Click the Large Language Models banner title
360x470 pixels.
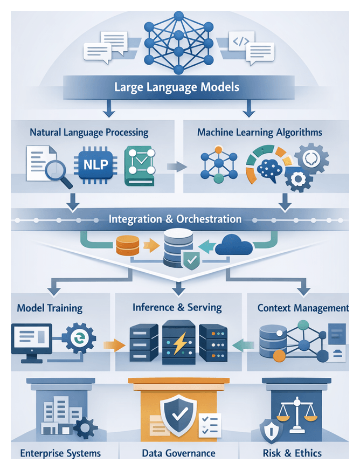tap(177, 87)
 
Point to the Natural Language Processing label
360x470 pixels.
tap(89, 132)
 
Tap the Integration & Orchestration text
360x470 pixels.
tap(175, 219)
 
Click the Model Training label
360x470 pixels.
tap(50, 308)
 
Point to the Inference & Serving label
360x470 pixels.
tap(177, 308)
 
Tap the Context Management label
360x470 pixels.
tap(303, 308)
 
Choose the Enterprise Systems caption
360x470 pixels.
tap(60, 453)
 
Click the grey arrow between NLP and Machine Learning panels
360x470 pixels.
tap(175, 167)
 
